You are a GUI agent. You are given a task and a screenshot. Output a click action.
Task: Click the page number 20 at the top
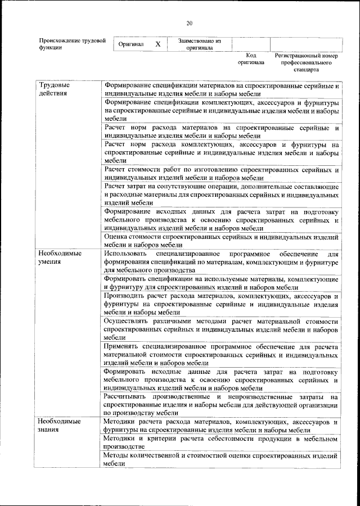pos(189,22)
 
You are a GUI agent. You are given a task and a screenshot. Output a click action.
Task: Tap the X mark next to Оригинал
pos(158,44)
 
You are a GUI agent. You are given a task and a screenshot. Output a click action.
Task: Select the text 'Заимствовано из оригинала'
pos(200,44)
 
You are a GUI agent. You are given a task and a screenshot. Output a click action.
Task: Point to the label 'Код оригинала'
pos(251,60)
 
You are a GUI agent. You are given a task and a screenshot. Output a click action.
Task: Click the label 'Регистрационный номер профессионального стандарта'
pos(306,63)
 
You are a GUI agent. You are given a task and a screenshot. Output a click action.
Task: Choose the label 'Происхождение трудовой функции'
pos(71,44)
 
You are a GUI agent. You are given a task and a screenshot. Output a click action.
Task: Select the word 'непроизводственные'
pos(255,397)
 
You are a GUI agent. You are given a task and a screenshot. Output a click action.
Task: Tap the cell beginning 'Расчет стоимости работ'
pos(221,174)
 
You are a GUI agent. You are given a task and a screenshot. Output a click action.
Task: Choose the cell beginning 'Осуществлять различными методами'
pos(221,329)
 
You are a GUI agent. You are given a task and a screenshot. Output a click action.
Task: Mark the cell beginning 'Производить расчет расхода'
pos(221,304)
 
